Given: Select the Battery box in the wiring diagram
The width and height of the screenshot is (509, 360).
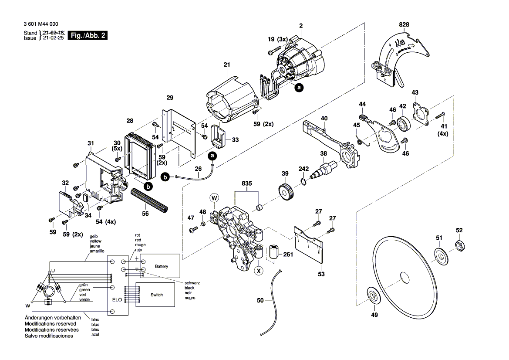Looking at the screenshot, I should (x=161, y=266).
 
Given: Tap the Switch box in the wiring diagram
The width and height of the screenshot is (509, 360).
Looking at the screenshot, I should (x=156, y=295).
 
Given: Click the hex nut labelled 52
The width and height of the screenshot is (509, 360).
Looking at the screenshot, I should (x=460, y=246).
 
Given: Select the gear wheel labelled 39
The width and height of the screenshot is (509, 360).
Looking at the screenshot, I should (x=285, y=192).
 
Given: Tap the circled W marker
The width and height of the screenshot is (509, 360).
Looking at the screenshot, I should (x=214, y=198).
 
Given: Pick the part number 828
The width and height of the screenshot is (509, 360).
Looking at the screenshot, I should (x=404, y=25).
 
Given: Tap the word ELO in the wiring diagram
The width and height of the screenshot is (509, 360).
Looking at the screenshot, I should (x=117, y=300).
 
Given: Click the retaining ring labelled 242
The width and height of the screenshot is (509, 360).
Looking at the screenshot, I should (x=303, y=180).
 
